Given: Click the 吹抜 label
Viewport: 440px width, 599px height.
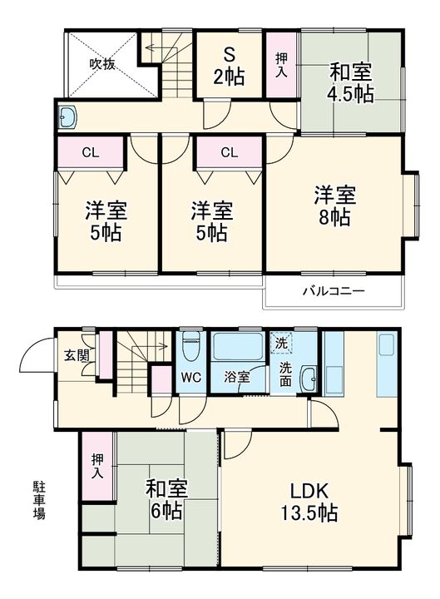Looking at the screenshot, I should pos(102,64).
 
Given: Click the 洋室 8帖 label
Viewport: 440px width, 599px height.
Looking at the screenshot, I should pos(334,205).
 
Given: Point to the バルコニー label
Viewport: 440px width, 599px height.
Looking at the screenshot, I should pos(333,292).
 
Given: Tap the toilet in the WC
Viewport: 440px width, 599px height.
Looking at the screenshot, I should pos(190,345).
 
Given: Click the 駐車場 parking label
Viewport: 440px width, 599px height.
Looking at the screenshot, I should pos(39,499).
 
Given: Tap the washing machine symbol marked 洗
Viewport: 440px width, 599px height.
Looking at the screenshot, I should pos(281,343).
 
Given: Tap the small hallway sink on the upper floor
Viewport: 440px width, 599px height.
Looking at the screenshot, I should pos(68,117).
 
